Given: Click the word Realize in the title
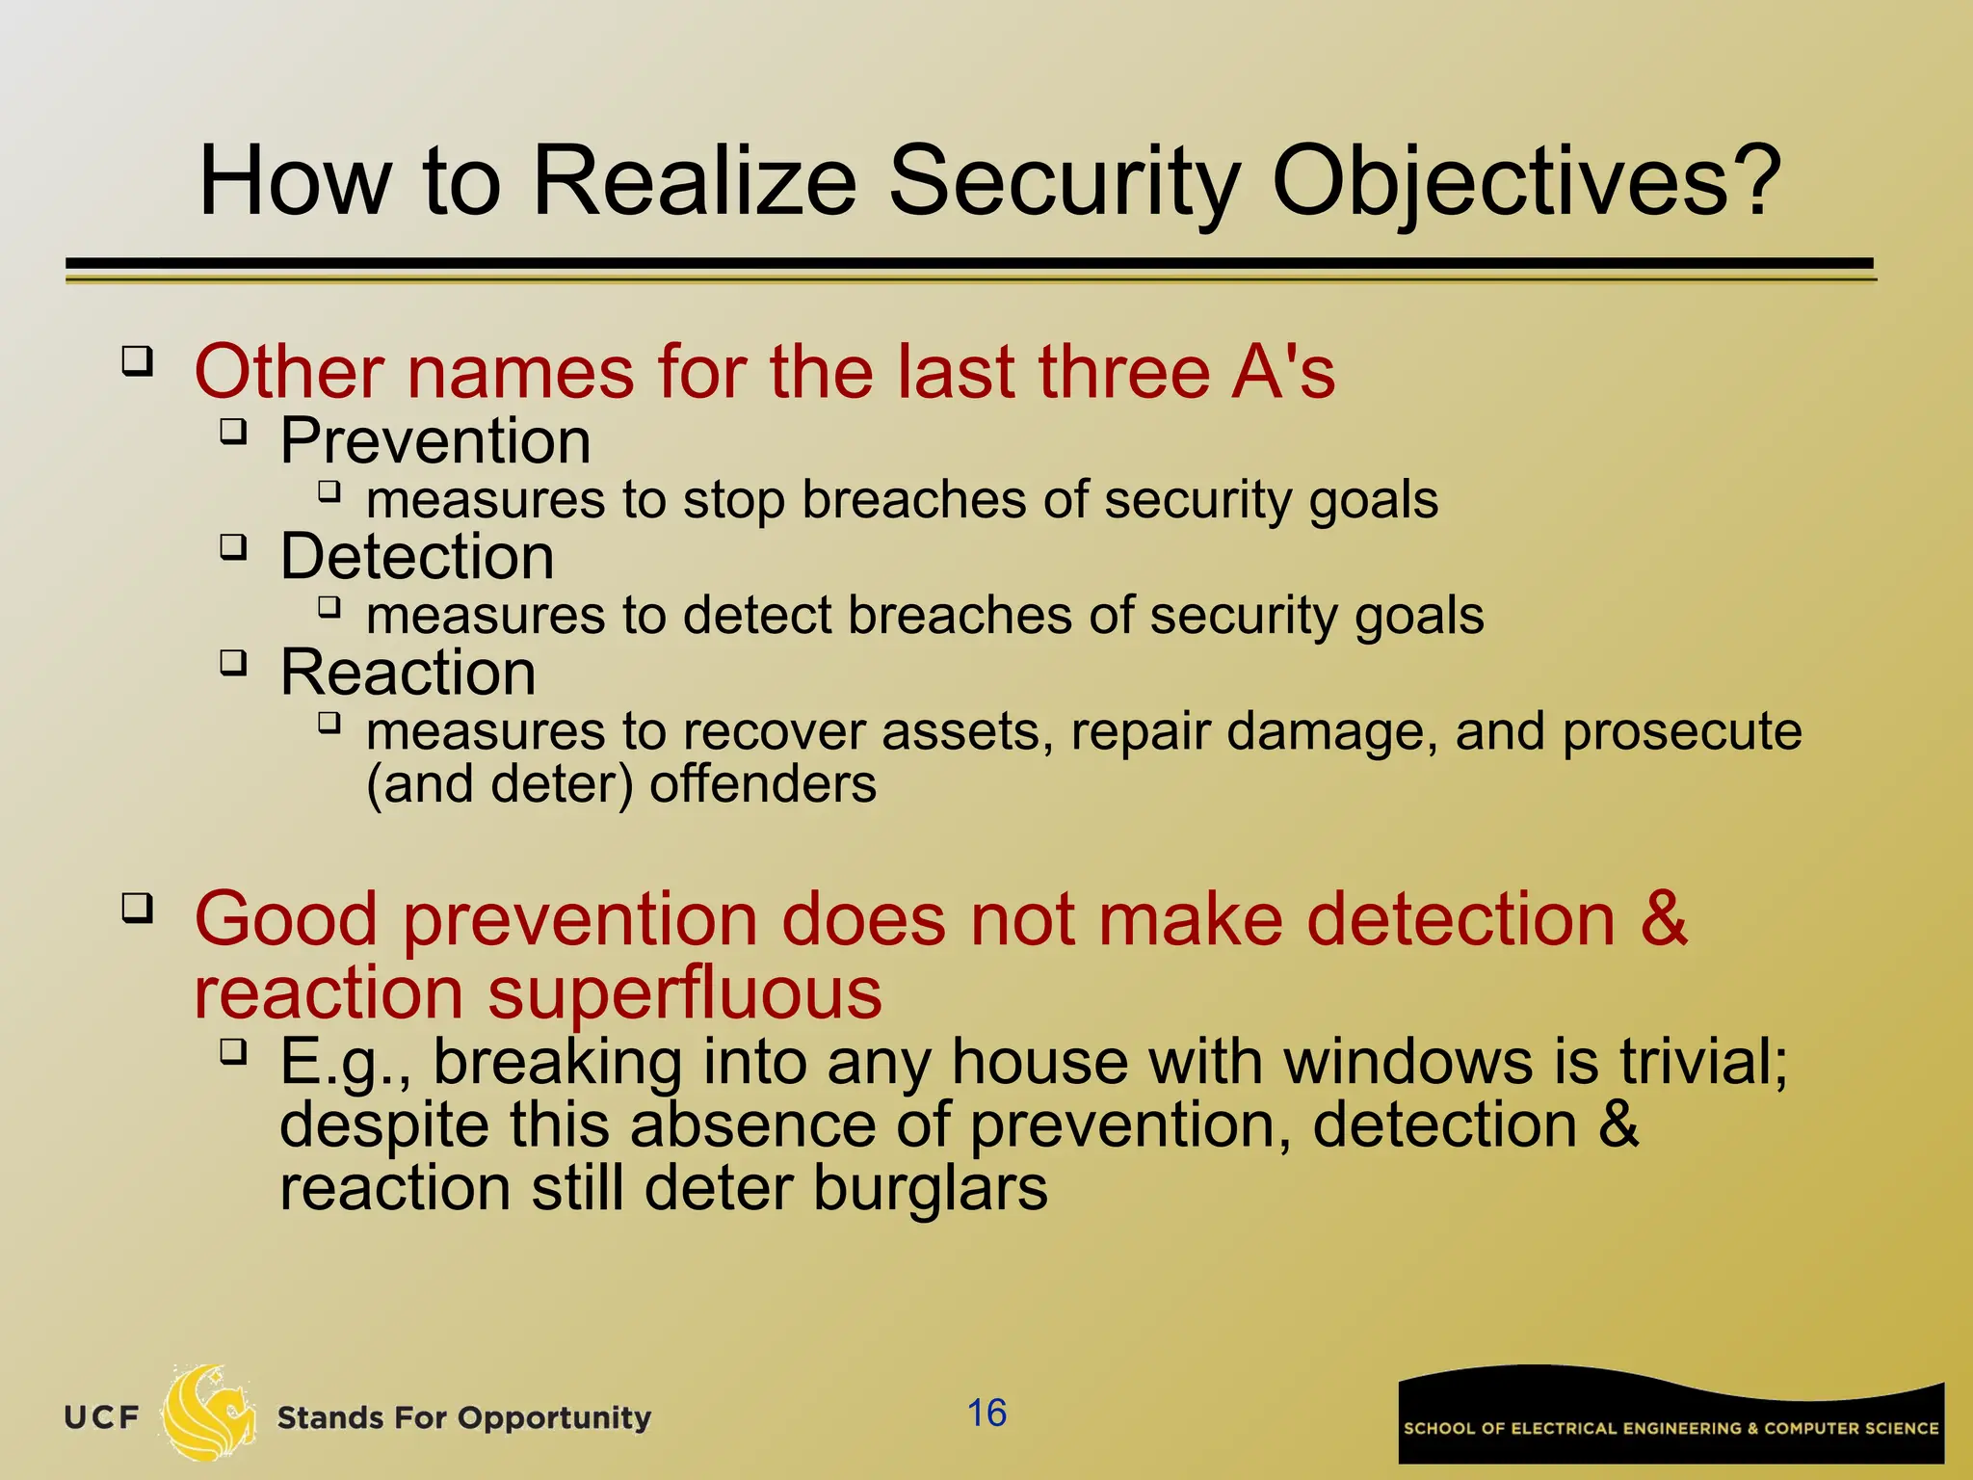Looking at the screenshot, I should (x=694, y=180).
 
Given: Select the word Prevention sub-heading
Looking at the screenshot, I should (x=435, y=441).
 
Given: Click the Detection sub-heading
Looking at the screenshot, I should (x=417, y=557).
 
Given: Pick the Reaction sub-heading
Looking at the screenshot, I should (x=408, y=673).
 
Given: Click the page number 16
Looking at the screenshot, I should (x=986, y=1413).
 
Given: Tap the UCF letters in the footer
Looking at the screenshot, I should (x=102, y=1417).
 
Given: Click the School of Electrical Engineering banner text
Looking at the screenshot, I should (x=1670, y=1428).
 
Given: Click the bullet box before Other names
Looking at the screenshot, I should (x=137, y=361).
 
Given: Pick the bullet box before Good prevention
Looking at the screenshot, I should (x=137, y=908).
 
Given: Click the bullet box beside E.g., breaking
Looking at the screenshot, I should (x=233, y=1050).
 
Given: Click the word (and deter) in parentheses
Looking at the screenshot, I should (x=499, y=784).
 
